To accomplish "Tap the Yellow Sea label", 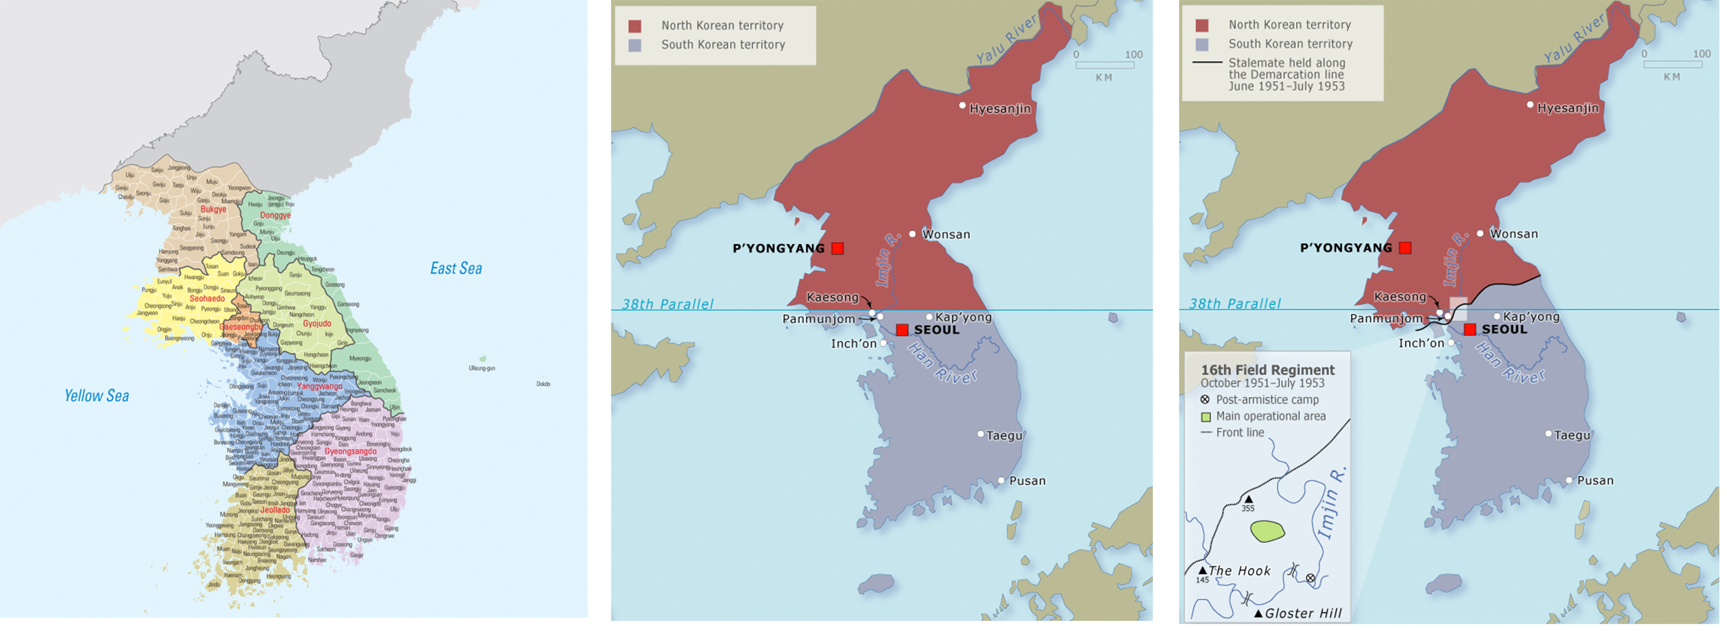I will [x=97, y=396].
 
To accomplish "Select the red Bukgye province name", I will [x=213, y=209].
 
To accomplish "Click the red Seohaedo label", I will [x=207, y=298].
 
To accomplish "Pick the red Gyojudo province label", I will [x=317, y=323].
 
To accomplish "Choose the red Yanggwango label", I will [x=320, y=386].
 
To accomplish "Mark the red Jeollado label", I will [x=275, y=510].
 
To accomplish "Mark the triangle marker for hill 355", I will [x=1248, y=499].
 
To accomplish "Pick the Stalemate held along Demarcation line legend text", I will [x=1286, y=74].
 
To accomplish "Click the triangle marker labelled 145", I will [x=1203, y=570].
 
